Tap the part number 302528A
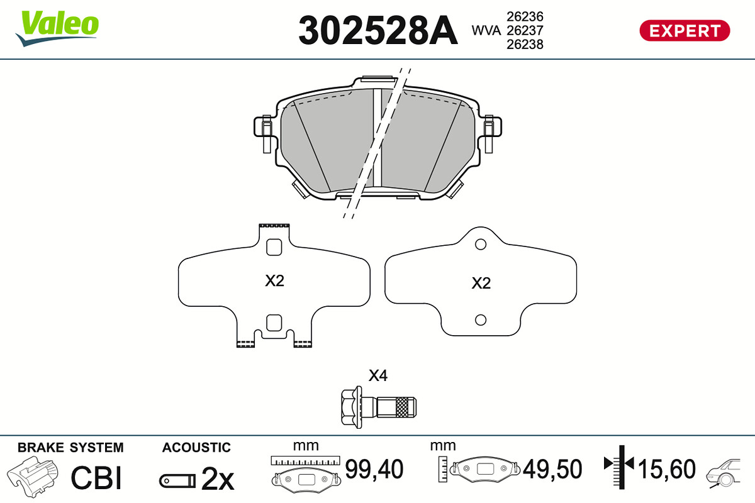point(378,30)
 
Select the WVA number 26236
point(525,16)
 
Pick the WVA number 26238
point(525,45)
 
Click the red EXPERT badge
point(685,31)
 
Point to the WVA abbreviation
point(486,31)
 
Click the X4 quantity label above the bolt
point(378,375)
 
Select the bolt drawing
point(379,407)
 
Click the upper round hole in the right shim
point(480,245)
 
